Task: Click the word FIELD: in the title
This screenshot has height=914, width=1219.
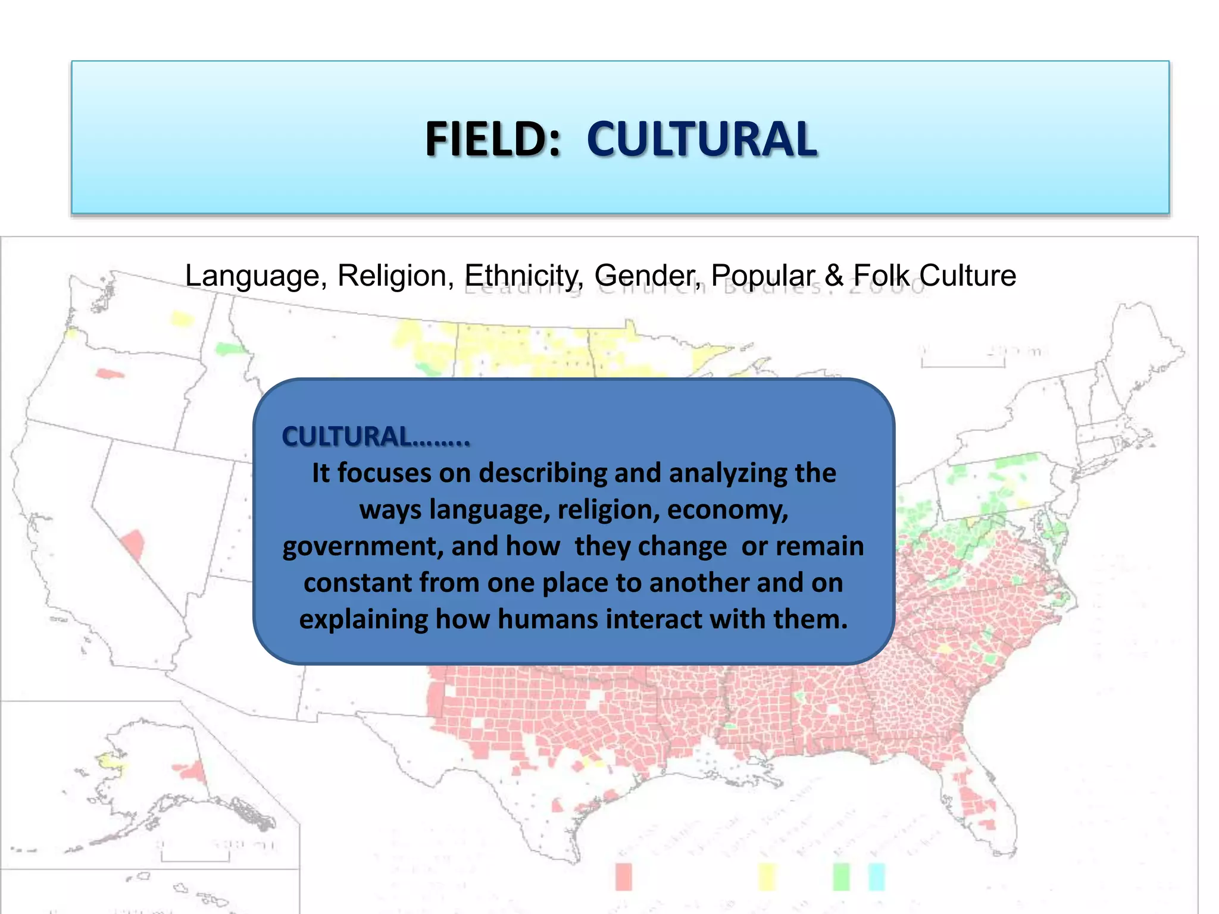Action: click(x=493, y=139)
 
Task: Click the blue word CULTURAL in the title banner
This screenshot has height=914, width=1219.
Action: click(x=702, y=139)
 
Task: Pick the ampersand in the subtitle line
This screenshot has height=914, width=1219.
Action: click(x=834, y=276)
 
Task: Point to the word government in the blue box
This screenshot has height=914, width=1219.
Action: click(x=362, y=546)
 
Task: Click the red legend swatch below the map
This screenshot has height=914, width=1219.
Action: click(x=623, y=877)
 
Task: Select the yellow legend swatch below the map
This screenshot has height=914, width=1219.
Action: click(x=767, y=877)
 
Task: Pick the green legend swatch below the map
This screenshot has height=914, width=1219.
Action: click(x=841, y=877)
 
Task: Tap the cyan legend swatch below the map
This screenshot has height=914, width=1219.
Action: click(x=877, y=877)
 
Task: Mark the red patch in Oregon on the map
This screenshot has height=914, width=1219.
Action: click(x=110, y=374)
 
